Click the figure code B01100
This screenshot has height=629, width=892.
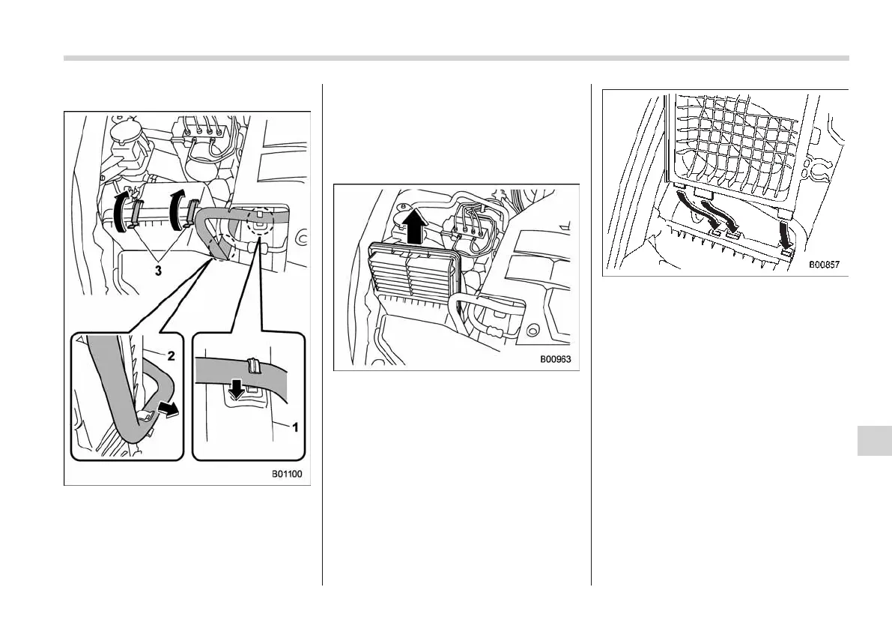click(x=287, y=474)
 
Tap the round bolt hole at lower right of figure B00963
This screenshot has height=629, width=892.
click(x=533, y=328)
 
